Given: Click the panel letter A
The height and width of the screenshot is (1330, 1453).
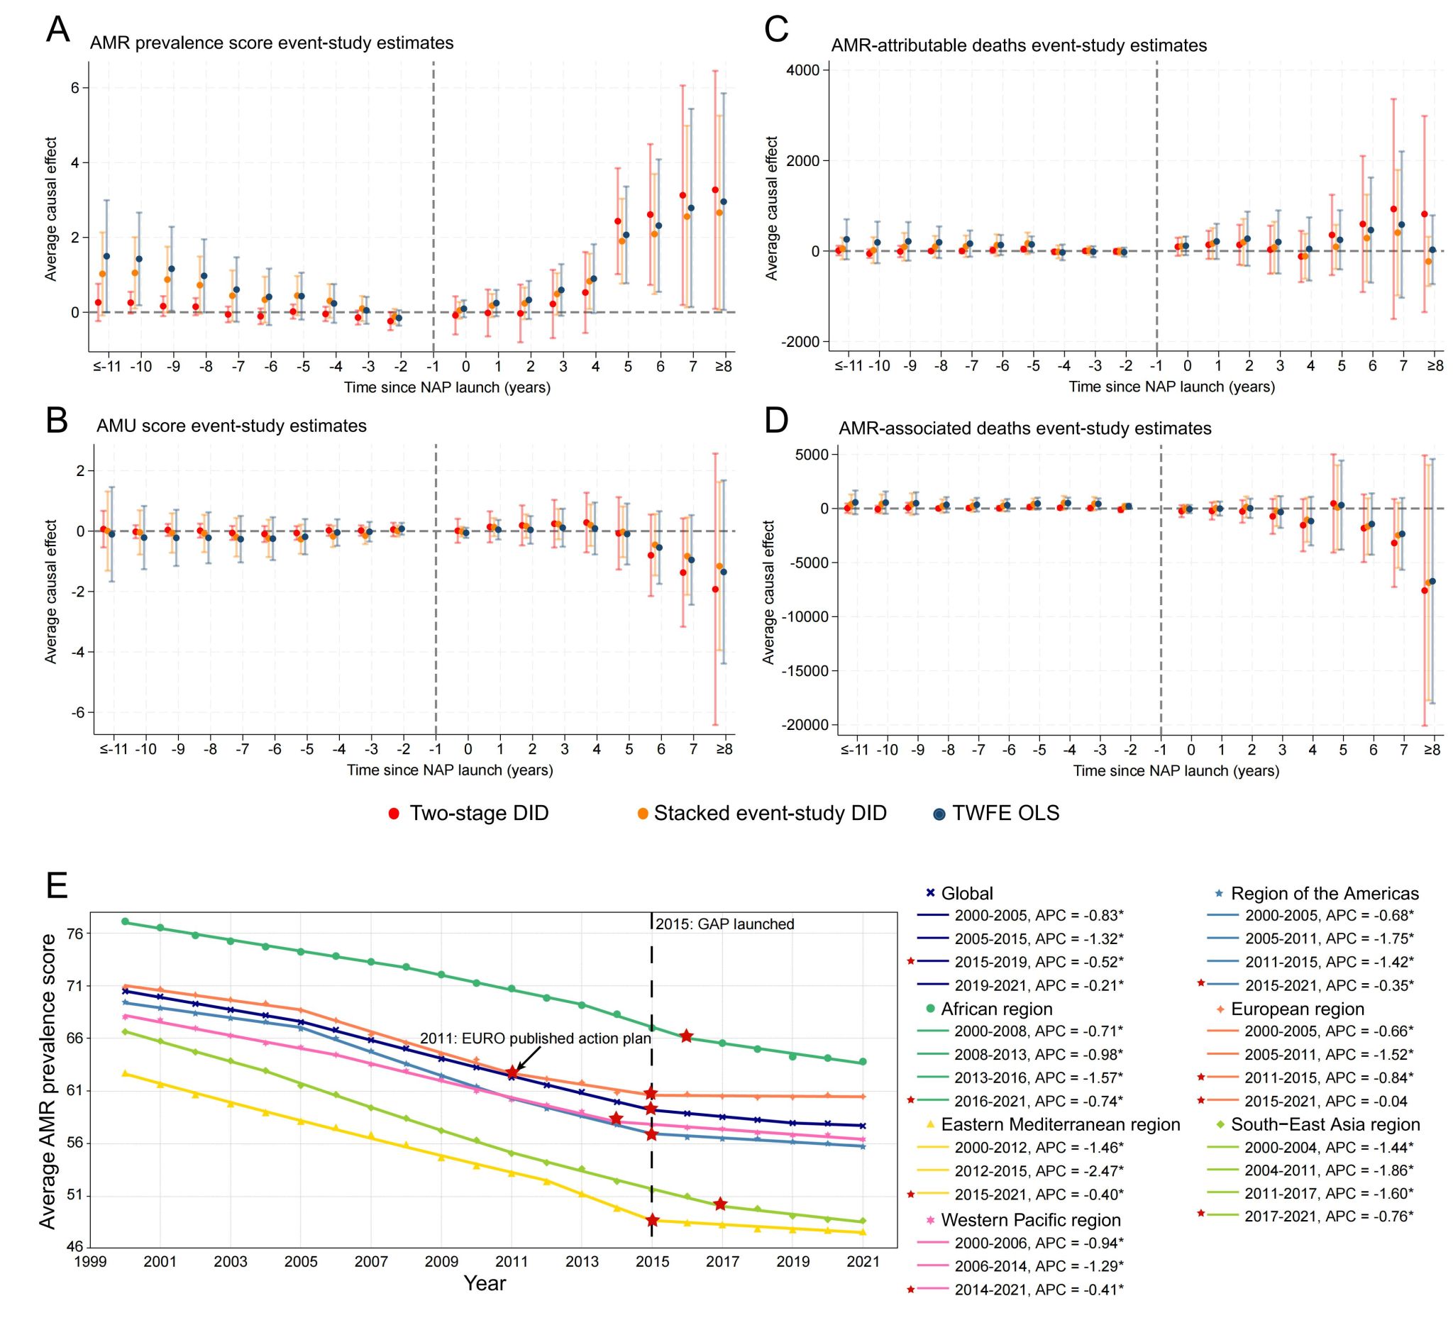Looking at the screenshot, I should coord(57,31).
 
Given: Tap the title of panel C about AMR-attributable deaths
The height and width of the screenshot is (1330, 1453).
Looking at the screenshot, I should coord(1019,45).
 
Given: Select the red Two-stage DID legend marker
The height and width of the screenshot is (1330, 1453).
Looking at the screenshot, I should coord(394,814).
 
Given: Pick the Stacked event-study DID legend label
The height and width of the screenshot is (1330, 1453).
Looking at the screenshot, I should coord(770,814).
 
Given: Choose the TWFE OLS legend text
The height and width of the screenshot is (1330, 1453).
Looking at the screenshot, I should coord(1005,814).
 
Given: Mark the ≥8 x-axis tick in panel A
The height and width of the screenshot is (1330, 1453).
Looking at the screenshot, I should coord(723,367).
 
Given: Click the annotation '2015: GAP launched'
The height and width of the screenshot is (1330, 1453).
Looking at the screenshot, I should coord(724,924).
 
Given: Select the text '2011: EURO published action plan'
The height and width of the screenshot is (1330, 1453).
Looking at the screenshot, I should coord(536,1039).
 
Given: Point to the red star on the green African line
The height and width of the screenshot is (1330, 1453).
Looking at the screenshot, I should coord(686,1036).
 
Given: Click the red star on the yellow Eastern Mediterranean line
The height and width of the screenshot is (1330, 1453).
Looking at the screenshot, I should coord(652,1221).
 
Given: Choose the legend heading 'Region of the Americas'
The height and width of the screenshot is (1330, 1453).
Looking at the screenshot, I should coord(1325,894).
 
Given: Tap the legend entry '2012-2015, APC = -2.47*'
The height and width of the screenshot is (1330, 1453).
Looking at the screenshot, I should coord(1039,1171).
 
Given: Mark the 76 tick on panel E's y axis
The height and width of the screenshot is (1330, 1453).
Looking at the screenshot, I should coord(75,933).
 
